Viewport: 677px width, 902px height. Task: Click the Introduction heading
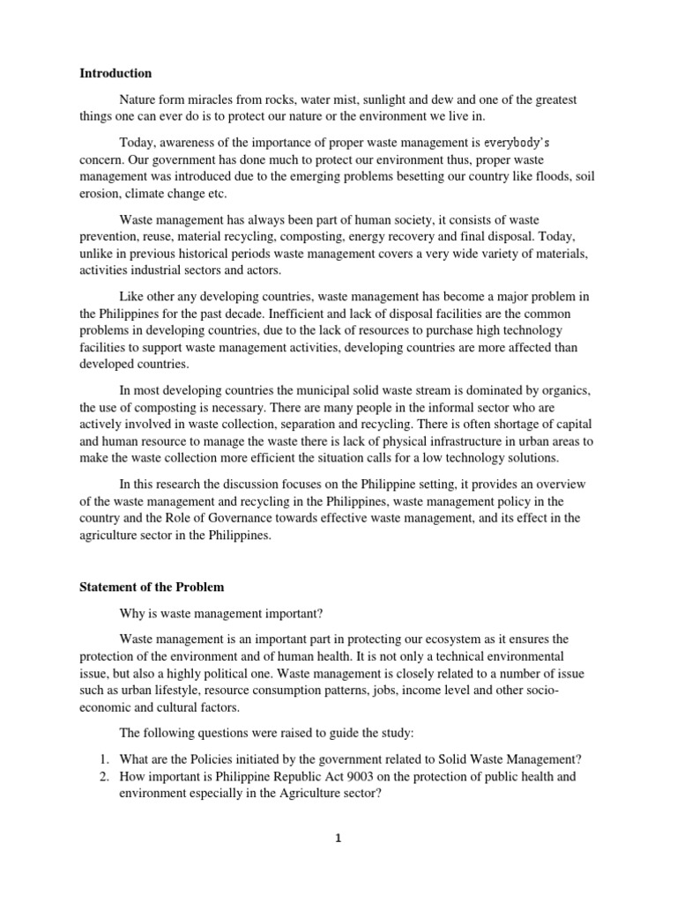(x=116, y=73)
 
